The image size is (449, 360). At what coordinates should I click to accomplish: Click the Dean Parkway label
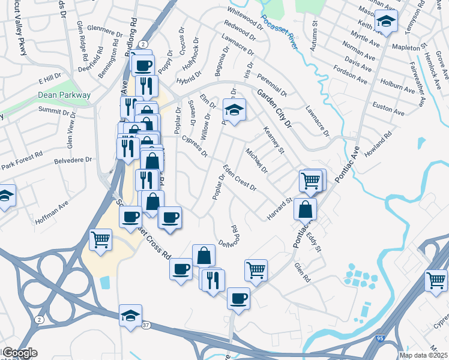pos(64,95)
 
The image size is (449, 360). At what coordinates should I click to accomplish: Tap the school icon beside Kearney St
pos(234,109)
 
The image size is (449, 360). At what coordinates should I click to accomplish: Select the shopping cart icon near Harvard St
pos(311,179)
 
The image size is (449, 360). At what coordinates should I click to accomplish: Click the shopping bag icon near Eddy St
pos(306,209)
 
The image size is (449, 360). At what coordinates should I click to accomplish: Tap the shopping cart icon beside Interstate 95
pos(436,279)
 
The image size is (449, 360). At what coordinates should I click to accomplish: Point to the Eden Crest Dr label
pos(240,178)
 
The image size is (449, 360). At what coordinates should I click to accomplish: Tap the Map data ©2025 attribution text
pos(423,355)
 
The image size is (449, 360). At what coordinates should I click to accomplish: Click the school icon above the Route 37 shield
pos(130,316)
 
